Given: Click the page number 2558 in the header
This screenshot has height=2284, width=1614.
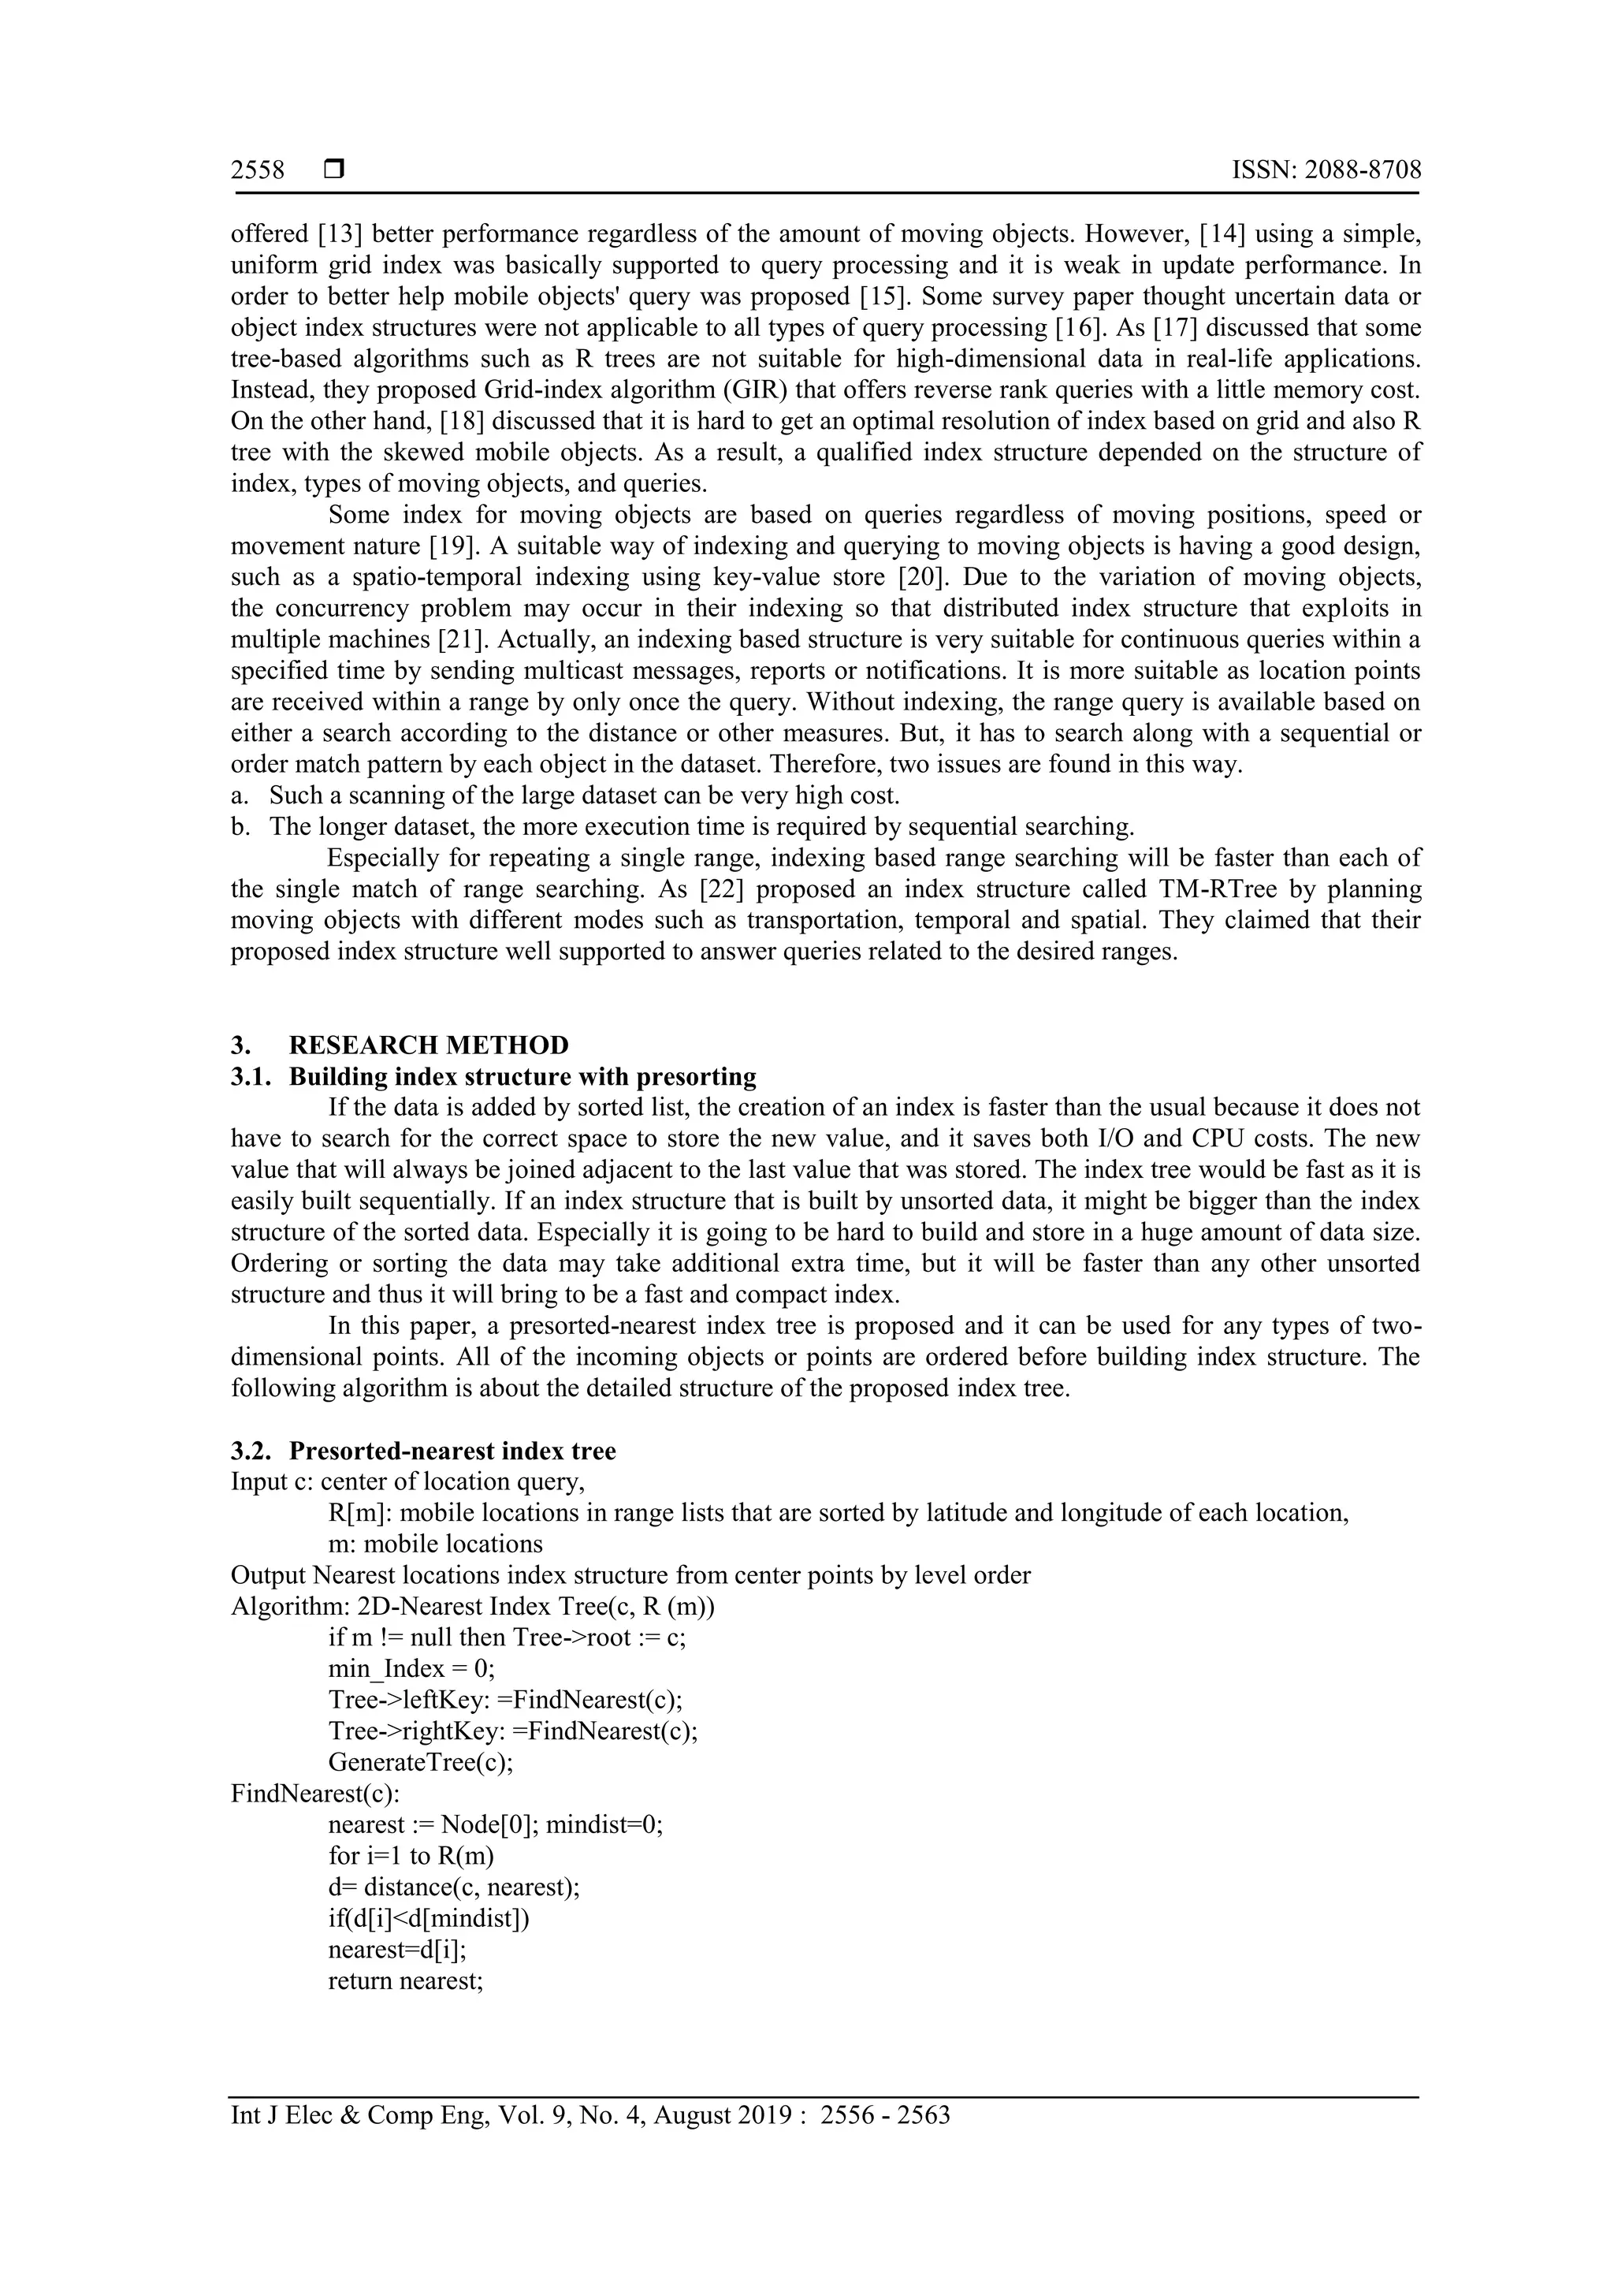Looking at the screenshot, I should tap(258, 170).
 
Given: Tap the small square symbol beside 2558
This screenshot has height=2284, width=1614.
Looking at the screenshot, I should tap(334, 170).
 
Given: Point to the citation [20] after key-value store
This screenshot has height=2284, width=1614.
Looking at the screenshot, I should tap(920, 577).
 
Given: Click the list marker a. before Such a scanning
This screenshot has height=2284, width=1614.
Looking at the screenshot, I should tap(239, 795).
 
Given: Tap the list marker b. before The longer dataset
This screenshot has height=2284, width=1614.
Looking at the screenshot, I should tap(240, 827).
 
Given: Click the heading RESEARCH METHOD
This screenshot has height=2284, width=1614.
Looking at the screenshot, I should tap(429, 1045).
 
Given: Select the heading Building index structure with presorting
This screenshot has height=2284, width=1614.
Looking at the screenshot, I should tap(522, 1076).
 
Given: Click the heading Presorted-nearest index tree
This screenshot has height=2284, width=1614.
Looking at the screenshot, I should tap(452, 1451).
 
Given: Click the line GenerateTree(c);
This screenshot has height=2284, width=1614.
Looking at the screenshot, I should tap(421, 1762).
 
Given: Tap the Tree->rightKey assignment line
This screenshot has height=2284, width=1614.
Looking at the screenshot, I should tap(513, 1731).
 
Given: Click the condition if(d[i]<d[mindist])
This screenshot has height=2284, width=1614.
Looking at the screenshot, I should tap(429, 1918).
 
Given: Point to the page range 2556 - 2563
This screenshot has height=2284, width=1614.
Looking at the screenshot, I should tap(885, 2115).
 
